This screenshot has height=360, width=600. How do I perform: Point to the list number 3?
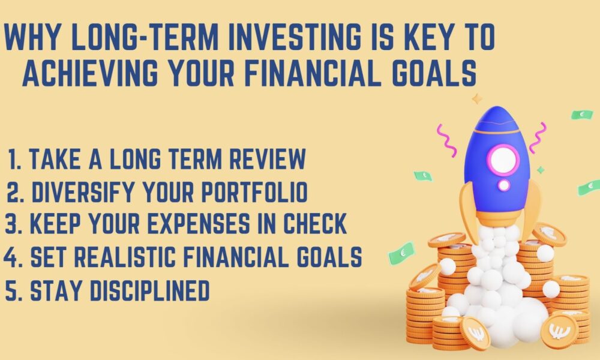[x=11, y=224]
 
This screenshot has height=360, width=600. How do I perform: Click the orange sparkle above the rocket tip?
[x=477, y=98]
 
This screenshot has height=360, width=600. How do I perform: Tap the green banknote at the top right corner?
[x=582, y=114]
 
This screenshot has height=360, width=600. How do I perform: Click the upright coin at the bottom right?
[x=559, y=331]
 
